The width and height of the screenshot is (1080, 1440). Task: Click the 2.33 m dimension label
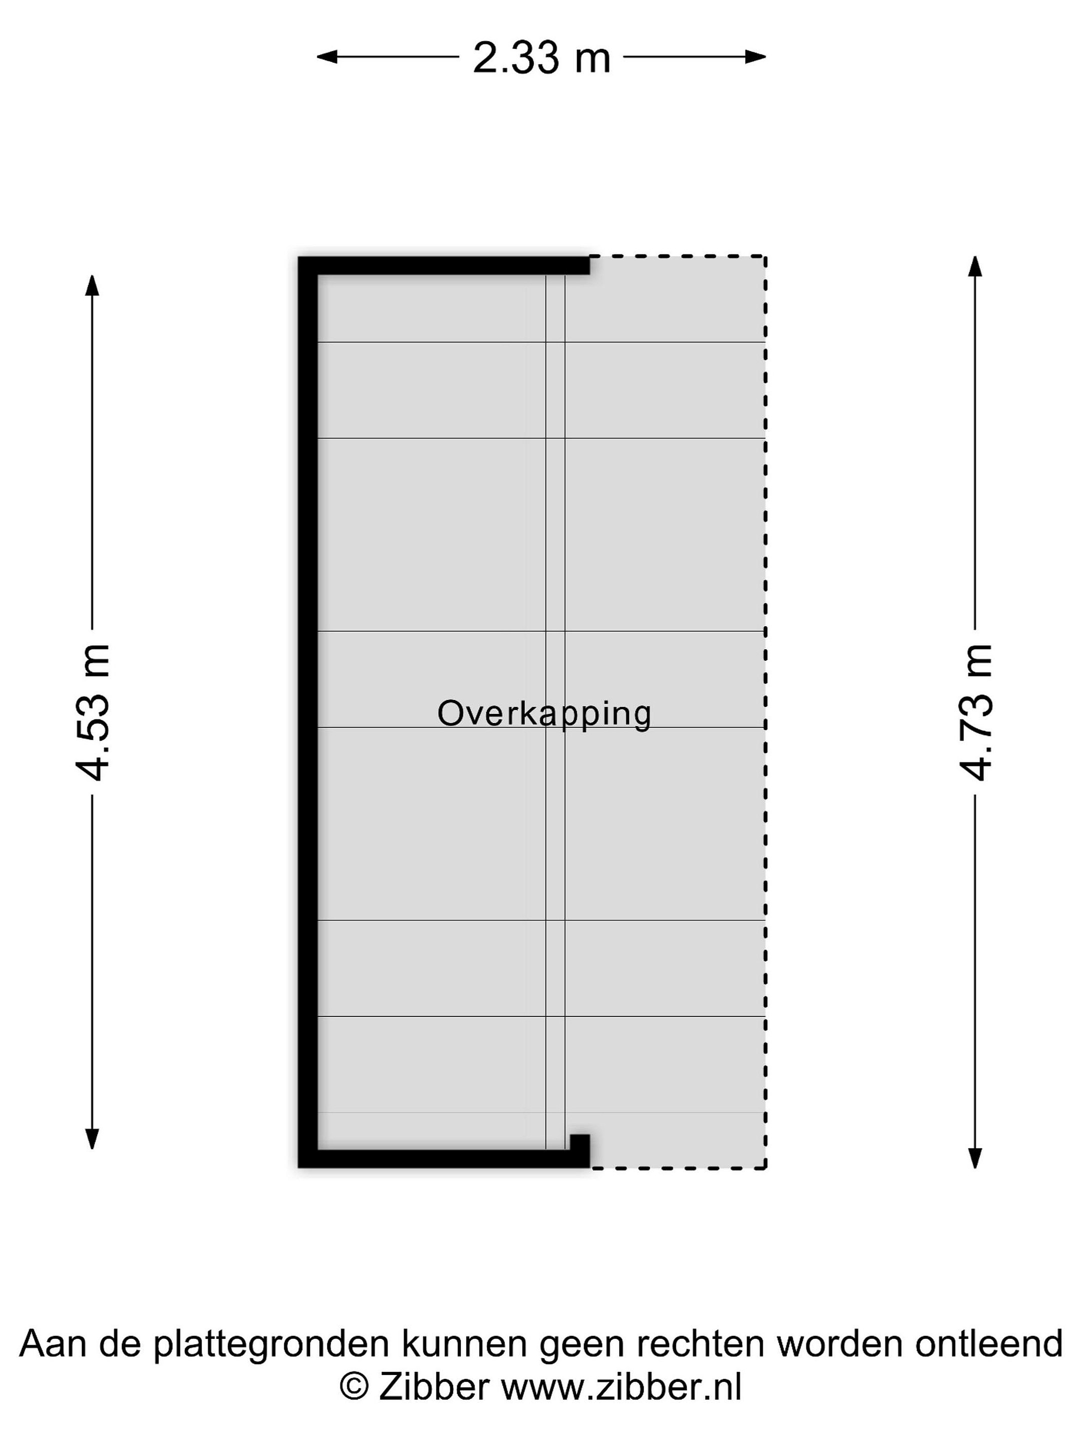(x=541, y=57)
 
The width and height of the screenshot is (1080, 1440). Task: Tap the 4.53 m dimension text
(x=92, y=712)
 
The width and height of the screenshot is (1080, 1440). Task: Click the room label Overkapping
(x=544, y=714)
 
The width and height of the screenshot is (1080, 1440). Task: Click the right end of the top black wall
(x=589, y=265)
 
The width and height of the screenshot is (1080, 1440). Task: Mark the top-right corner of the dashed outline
(x=765, y=256)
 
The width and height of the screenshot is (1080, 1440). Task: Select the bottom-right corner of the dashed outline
(x=765, y=1168)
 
